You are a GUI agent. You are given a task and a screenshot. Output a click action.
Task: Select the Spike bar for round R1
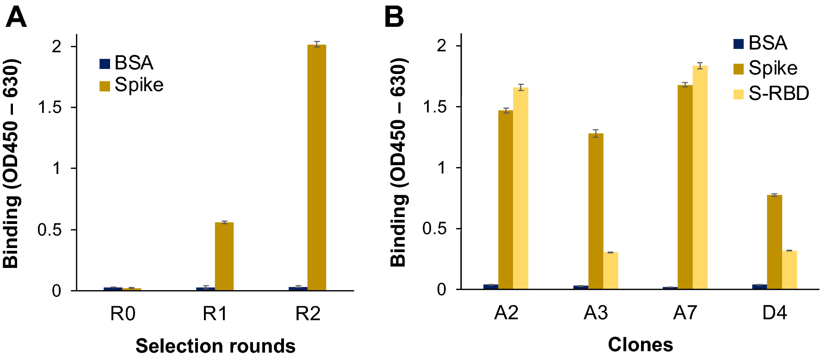click(224, 256)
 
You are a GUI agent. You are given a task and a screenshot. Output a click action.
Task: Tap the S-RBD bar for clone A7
click(700, 178)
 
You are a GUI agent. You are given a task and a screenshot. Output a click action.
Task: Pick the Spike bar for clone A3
click(596, 211)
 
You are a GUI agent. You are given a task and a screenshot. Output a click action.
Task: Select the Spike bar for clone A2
click(506, 200)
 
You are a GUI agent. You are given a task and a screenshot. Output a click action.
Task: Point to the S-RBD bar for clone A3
click(610, 271)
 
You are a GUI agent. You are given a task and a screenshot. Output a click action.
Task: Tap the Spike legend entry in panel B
click(765, 68)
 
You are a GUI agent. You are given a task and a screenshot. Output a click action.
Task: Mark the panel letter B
click(394, 18)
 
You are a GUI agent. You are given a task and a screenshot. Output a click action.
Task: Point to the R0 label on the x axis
click(123, 314)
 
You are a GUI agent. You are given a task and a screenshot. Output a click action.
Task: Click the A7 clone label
click(685, 313)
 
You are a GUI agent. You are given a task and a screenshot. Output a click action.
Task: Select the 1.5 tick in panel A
click(50, 107)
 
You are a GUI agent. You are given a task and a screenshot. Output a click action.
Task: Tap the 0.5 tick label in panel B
click(434, 229)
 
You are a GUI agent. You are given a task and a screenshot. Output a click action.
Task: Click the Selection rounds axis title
click(215, 346)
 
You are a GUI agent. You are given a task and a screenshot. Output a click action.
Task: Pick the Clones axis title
click(640, 345)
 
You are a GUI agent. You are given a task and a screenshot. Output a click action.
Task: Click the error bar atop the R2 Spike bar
click(316, 44)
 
